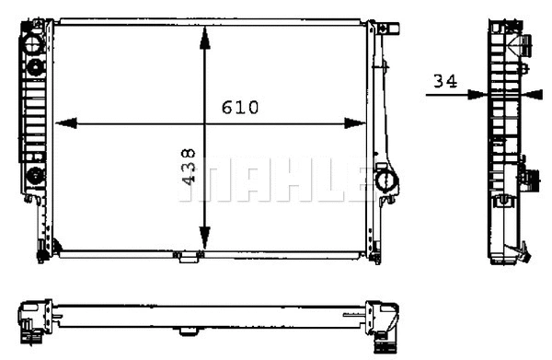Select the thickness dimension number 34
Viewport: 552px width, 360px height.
point(445,81)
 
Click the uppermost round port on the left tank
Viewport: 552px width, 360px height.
point(33,42)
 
